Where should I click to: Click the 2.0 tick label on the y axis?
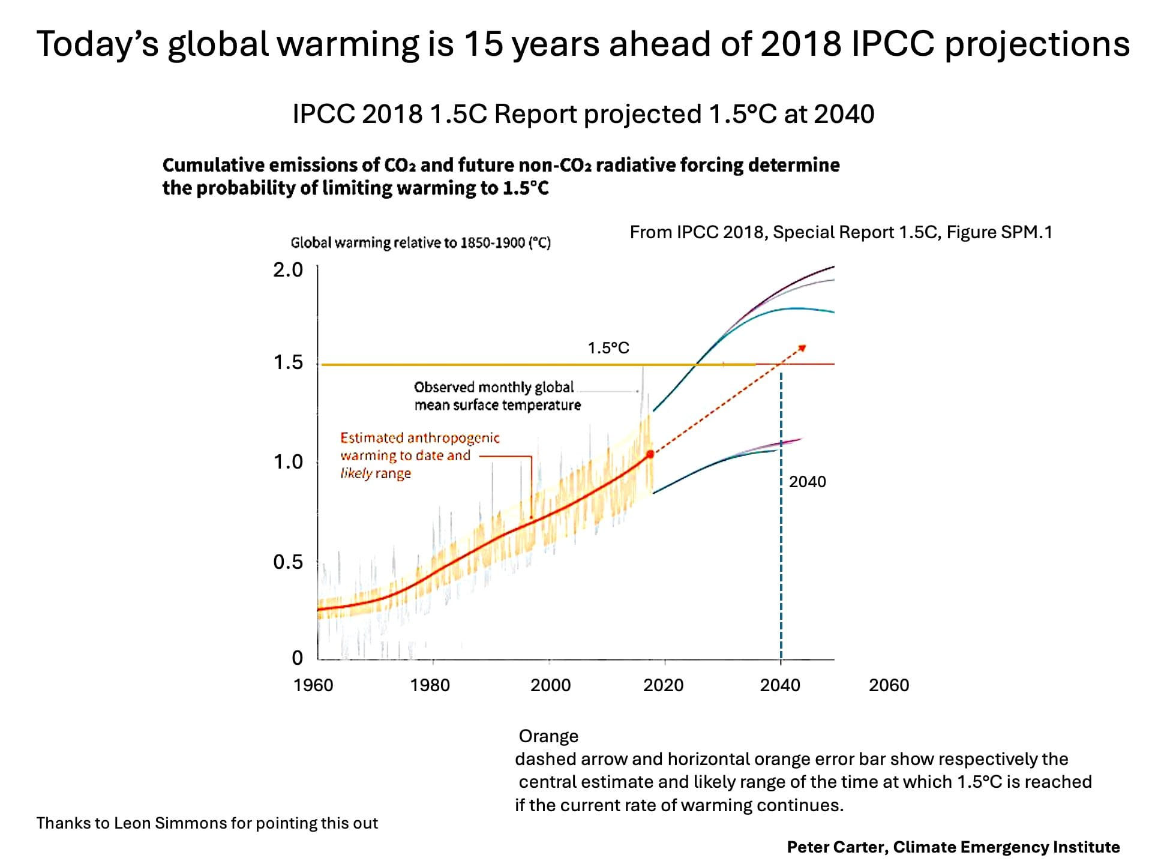tap(288, 270)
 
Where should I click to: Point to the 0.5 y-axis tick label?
tap(288, 562)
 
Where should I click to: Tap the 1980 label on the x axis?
tap(430, 685)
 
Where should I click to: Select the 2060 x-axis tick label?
tap(889, 685)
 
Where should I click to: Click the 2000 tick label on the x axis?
tap(550, 685)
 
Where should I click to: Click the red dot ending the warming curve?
tap(650, 455)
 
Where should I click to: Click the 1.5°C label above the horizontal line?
tap(608, 348)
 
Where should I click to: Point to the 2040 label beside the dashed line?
tap(807, 482)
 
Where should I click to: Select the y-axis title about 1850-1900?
tap(421, 243)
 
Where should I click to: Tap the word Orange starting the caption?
tap(548, 736)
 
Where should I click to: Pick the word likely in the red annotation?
tap(356, 473)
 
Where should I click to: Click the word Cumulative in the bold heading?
tap(213, 165)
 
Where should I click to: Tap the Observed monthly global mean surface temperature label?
tap(497, 396)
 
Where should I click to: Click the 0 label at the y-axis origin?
tap(297, 658)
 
